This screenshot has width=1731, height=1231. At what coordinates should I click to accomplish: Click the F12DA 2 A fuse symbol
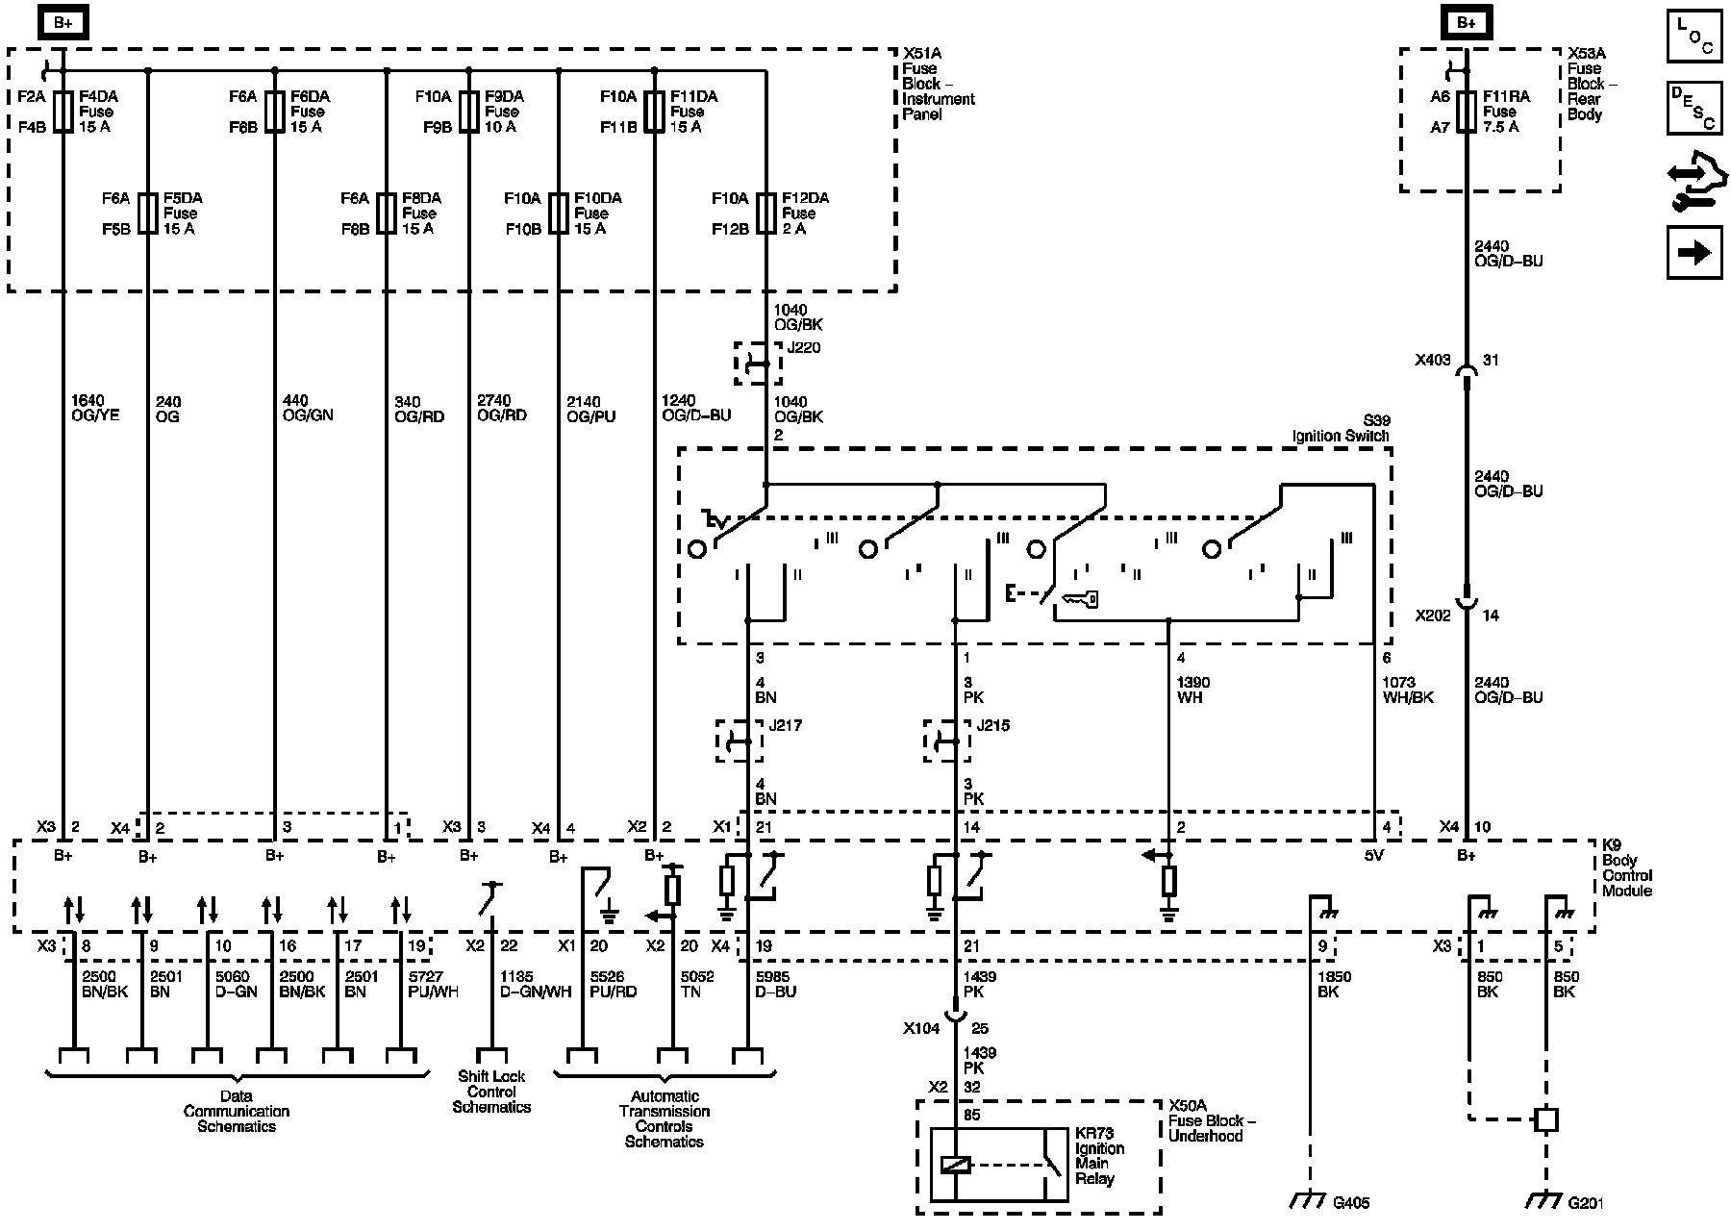point(766,214)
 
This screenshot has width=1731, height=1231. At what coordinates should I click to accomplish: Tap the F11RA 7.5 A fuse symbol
point(1466,112)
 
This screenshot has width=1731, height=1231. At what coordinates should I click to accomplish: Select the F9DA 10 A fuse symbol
point(469,112)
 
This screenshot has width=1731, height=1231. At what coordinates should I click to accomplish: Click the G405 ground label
point(1352,1202)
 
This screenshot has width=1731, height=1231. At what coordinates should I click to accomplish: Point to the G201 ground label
point(1586,1202)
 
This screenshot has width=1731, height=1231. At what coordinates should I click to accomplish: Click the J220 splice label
point(804,348)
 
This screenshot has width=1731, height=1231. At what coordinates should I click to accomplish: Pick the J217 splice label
point(785,725)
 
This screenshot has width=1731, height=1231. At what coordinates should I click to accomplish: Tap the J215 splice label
point(992,725)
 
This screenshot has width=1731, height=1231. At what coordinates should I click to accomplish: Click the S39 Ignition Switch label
point(1341,429)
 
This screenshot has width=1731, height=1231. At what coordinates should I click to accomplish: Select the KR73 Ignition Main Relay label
point(1099,1156)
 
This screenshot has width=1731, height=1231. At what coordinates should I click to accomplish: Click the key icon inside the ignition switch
point(1079,600)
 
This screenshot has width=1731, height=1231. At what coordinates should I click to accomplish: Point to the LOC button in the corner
point(1694,38)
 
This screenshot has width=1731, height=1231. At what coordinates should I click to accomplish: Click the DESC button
point(1694,108)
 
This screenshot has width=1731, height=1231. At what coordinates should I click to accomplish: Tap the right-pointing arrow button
point(1694,253)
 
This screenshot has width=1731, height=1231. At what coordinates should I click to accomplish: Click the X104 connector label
point(921,1029)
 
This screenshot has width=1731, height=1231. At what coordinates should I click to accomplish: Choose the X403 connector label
point(1433,361)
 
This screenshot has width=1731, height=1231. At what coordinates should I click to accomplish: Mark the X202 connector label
point(1433,615)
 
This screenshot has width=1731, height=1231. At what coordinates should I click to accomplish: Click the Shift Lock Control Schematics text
point(491,1092)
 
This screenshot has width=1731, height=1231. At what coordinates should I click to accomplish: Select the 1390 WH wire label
point(1193,690)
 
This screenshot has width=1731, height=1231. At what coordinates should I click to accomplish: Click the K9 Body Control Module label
point(1627,868)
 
